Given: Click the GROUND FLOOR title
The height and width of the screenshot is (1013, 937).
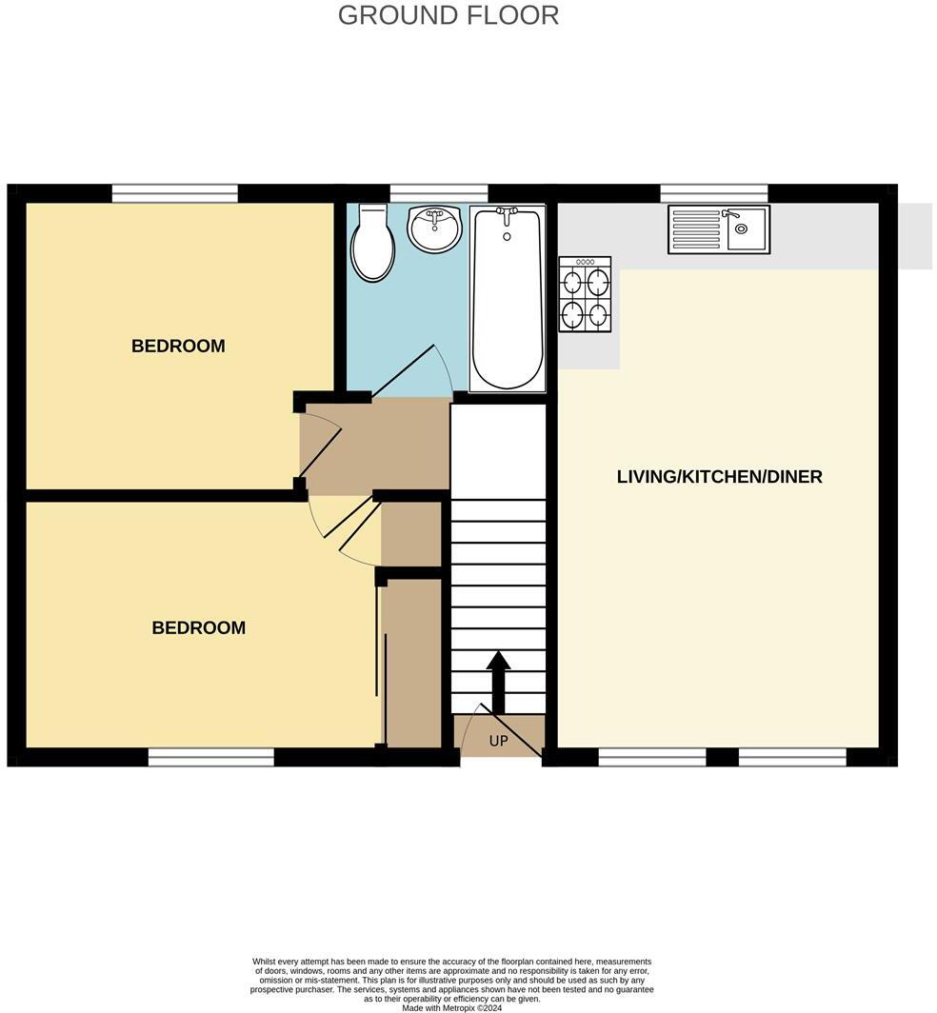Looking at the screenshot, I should (448, 15).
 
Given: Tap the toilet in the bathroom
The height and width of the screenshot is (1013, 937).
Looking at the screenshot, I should (371, 245).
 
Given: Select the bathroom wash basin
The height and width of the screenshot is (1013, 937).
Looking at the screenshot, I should (434, 228).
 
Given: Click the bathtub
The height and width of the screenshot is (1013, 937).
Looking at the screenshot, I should (508, 297).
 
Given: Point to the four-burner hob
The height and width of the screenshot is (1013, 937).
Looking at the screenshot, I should (585, 295).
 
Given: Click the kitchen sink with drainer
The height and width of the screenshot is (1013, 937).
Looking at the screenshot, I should (718, 228).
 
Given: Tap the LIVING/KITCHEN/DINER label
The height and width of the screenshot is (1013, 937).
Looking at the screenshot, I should (719, 477).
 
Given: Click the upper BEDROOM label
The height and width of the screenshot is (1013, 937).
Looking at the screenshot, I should (178, 347).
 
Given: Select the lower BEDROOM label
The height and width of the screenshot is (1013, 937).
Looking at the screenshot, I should (198, 628).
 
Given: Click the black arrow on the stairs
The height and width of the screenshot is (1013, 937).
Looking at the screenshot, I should (499, 679).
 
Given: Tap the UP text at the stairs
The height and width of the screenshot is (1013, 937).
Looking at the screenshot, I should (499, 742).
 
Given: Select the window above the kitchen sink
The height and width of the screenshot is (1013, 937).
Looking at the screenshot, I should (714, 193).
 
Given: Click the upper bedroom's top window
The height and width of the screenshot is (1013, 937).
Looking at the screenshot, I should (174, 193).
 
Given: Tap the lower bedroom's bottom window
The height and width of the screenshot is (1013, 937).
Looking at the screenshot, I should (210, 757).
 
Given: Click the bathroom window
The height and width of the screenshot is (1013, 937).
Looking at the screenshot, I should (439, 193).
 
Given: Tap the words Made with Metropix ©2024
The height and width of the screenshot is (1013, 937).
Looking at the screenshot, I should (450, 1007).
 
